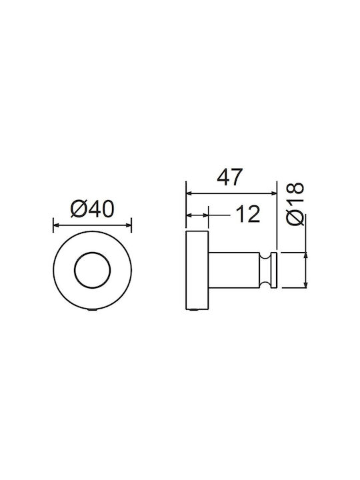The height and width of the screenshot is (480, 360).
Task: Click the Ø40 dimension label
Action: (x=92, y=209)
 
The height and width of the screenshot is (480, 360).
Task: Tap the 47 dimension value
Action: (x=229, y=177)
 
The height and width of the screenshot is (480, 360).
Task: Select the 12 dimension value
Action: (x=248, y=214)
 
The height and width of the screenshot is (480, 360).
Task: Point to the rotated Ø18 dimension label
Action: (x=295, y=204)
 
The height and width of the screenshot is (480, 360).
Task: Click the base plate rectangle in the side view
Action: (x=197, y=270)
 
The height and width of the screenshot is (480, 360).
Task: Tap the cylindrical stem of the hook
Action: (x=234, y=270)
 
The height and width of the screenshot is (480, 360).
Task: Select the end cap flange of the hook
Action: (x=274, y=270)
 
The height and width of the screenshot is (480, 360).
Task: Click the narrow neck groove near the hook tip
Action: (x=265, y=270)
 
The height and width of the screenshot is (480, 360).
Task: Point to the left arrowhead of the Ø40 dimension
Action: (x=56, y=225)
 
